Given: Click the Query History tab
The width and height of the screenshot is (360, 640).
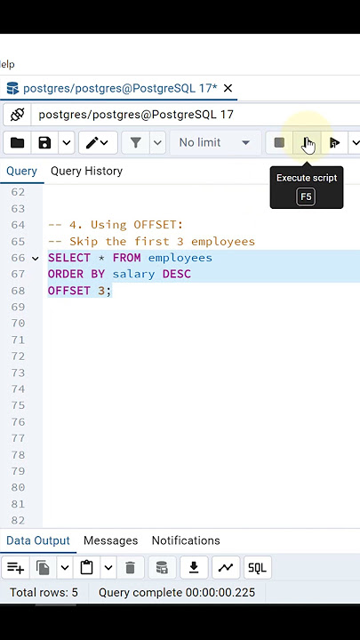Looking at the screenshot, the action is click(86, 171).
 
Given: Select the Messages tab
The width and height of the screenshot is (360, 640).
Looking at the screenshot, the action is click(110, 540).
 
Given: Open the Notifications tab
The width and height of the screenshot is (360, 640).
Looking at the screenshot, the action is click(186, 540).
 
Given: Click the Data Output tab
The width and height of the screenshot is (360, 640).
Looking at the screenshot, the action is click(38, 540).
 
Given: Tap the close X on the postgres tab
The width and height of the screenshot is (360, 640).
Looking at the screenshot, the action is click(228, 88).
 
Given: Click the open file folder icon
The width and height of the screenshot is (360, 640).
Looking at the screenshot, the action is click(17, 142).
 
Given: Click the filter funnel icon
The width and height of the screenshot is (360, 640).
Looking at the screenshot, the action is click(135, 142).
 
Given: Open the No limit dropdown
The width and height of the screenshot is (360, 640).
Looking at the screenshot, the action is click(215, 142).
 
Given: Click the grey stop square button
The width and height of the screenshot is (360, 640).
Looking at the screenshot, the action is click(279, 142).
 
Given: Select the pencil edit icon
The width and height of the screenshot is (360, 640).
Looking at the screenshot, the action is click(92, 142).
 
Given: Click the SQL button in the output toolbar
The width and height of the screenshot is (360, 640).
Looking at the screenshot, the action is click(257, 568).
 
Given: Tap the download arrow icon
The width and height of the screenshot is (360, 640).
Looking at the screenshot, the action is click(194, 567).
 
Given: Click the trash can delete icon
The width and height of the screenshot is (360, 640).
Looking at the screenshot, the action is click(130, 568).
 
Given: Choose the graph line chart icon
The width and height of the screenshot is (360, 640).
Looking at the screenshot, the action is click(226, 567).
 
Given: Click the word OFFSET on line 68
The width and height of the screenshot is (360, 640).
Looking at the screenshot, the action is click(69, 291).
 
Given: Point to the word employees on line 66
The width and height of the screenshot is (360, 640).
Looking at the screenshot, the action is click(180, 258).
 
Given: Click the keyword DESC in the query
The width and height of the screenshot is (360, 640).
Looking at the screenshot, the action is click(177, 274).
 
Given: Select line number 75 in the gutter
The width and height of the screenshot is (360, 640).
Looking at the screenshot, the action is click(18, 405).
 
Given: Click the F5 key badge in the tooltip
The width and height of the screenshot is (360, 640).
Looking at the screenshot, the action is click(306, 196).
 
